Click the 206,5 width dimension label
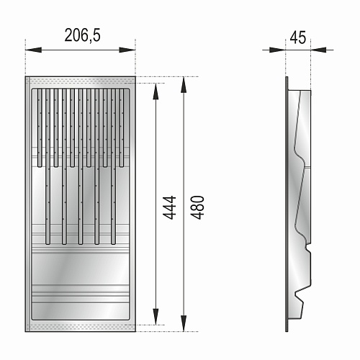tap(82, 35)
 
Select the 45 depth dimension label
tap(298, 37)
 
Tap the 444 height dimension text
tap(169, 207)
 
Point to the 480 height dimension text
tap(197, 207)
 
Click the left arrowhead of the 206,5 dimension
tap(33, 50)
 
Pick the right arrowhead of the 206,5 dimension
tap(127, 50)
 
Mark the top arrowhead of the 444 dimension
tap(156, 91)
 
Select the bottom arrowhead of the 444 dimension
tap(156, 317)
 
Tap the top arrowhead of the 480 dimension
tap(184, 85)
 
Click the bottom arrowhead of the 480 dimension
tap(184, 323)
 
